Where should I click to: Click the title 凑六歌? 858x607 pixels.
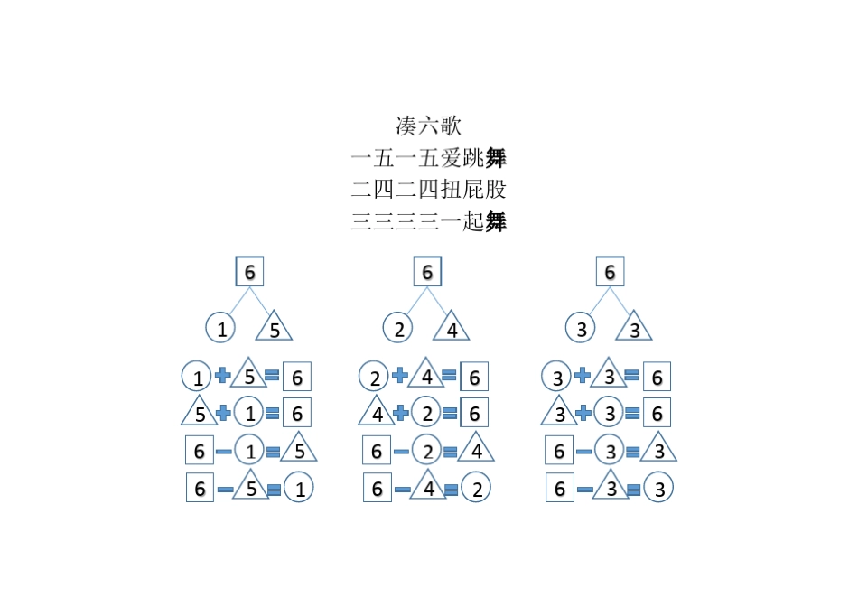428,126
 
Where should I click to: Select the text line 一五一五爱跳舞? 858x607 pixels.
428,158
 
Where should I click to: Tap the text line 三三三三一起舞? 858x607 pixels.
428,220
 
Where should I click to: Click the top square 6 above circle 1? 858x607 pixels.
250,272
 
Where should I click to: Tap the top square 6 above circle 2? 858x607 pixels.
427,272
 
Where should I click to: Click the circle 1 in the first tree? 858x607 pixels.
221,329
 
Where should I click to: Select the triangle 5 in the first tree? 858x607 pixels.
275,329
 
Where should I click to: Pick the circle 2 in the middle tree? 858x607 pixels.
398,329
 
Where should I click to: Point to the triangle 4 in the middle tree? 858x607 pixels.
452,329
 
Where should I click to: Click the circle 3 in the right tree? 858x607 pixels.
582,329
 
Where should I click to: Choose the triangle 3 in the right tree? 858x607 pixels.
635,329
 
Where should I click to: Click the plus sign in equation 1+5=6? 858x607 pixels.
222,376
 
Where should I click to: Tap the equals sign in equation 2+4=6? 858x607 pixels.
449,376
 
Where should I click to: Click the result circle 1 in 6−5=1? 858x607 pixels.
299,489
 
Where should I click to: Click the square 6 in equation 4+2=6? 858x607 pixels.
473,414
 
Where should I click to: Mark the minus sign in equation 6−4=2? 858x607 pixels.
402,489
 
